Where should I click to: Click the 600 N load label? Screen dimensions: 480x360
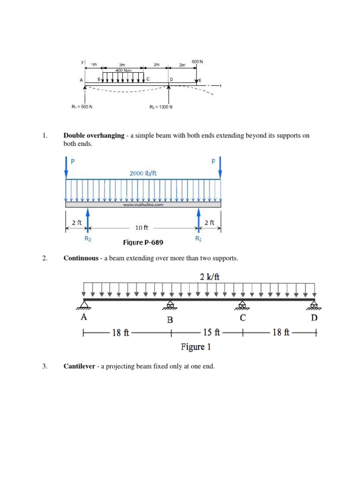pyautogui.click(x=197, y=61)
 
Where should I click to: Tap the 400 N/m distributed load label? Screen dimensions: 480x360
pyautogui.click(x=124, y=70)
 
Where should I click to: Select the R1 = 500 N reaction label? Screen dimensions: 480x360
pyautogui.click(x=82, y=106)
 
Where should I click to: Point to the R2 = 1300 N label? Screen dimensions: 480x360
pyautogui.click(x=161, y=106)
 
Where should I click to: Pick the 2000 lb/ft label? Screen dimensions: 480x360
pyautogui.click(x=143, y=173)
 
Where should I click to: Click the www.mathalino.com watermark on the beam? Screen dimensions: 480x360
pyautogui.click(x=143, y=204)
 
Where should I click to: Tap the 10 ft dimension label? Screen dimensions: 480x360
pyautogui.click(x=142, y=227)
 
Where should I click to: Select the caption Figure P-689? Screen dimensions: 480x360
pyautogui.click(x=143, y=242)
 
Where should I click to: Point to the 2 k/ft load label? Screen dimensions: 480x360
pyautogui.click(x=210, y=277)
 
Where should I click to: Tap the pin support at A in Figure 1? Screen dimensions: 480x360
pyautogui.click(x=84, y=306)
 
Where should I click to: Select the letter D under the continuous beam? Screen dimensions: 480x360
pyautogui.click(x=314, y=318)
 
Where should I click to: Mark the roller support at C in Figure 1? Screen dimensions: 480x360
pyautogui.click(x=242, y=306)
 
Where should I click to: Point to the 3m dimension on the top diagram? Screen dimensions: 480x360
pyautogui.click(x=122, y=65)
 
